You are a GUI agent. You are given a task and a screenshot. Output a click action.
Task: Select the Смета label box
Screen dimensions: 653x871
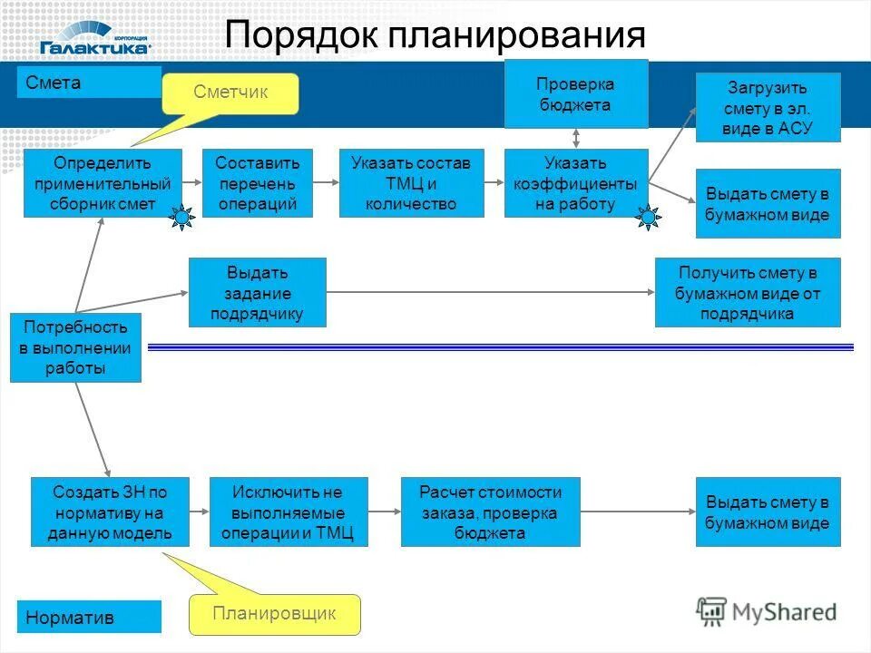click(89, 83)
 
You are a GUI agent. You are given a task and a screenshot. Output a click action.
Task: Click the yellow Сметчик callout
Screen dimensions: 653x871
click(230, 93)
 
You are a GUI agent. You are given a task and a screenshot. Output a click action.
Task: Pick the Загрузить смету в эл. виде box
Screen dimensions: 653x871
click(768, 108)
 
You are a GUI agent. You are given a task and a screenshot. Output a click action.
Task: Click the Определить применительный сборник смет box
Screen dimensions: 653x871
click(103, 183)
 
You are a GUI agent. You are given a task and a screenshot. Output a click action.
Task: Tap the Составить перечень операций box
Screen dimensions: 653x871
click(257, 183)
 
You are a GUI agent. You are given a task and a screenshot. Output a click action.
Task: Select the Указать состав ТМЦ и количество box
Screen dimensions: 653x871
click(411, 183)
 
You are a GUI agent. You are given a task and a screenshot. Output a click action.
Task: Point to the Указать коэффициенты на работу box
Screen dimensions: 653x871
click(576, 183)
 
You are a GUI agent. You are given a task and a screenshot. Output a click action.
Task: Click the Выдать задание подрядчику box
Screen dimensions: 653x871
click(257, 292)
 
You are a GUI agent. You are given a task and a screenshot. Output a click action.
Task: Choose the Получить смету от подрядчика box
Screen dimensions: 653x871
click(748, 292)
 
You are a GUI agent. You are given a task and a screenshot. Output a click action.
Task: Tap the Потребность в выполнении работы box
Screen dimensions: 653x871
click(75, 346)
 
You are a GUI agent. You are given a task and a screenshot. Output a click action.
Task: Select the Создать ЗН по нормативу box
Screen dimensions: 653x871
click(110, 512)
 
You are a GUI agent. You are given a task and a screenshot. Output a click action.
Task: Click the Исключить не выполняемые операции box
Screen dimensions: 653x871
click(289, 512)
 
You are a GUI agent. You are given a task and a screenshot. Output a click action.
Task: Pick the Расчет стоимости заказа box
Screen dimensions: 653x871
click(490, 512)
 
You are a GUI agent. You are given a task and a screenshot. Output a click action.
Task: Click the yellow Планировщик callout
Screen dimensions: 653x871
click(274, 614)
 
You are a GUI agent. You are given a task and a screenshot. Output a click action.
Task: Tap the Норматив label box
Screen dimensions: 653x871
click(89, 617)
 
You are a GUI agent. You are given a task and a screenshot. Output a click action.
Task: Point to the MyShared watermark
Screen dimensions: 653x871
click(767, 611)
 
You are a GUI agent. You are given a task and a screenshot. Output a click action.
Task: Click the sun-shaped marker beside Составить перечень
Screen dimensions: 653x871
click(183, 218)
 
